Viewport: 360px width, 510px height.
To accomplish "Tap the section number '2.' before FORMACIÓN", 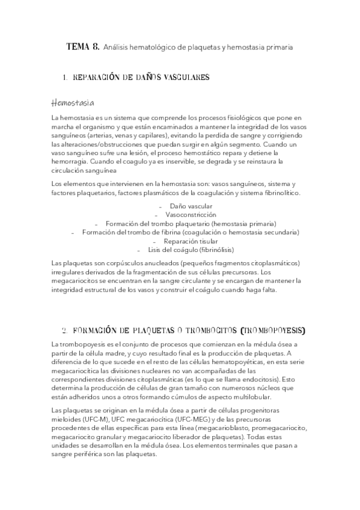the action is click(64, 330).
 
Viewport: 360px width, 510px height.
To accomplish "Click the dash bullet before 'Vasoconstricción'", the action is click(156, 215).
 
